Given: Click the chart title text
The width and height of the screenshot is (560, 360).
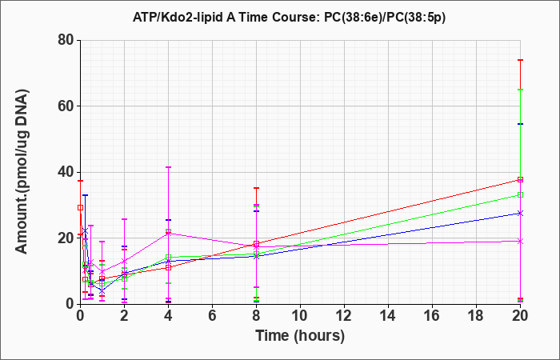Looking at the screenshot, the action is pos(290,17).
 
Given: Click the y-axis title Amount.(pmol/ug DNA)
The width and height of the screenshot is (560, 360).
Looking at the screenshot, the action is pos(22,171).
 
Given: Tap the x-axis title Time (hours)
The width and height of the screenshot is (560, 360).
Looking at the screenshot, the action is pos(300,336).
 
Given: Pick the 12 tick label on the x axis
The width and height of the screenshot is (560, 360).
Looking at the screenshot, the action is pos(344,316).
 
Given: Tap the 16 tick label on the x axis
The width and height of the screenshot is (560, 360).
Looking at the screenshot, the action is pos(433,316).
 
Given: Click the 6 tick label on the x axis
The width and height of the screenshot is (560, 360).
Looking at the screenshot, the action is pos(212,316).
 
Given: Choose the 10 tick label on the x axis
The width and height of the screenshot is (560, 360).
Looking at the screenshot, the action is pos(300,316).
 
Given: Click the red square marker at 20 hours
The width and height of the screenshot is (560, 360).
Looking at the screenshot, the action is pos(520,180).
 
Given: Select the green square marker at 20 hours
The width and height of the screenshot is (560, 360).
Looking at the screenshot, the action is pos(520,194).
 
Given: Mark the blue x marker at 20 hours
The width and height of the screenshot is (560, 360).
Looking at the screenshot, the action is pos(520,214).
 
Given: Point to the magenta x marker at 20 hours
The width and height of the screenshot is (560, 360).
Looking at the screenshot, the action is pos(520,242).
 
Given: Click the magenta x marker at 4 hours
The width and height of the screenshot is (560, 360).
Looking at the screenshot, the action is pos(168,234).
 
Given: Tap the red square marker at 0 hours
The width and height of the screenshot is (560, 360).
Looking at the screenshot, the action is pos(80,207).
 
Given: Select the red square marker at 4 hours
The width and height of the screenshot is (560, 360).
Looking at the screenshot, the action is pos(168,267).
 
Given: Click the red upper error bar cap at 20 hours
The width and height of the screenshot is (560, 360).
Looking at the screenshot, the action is pos(520,60).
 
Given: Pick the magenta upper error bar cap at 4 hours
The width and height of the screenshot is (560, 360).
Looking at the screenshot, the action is pos(168,166).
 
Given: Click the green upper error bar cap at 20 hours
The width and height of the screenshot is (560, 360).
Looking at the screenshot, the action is pos(520,90).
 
